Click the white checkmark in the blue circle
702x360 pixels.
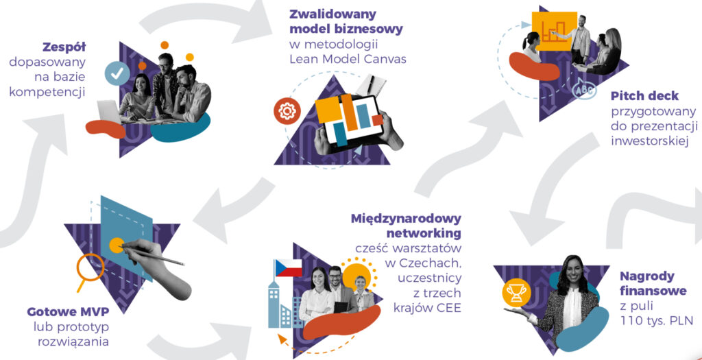(x=117, y=73)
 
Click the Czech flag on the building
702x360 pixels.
(x=288, y=268)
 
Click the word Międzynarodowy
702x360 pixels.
(x=406, y=219)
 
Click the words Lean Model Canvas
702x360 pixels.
(x=347, y=59)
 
